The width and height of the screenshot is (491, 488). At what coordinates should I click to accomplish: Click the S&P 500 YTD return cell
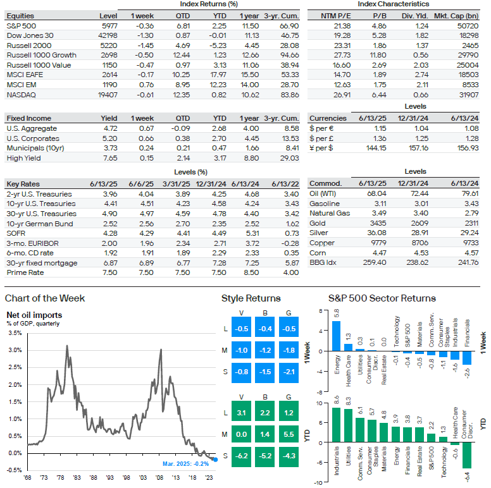(219, 26)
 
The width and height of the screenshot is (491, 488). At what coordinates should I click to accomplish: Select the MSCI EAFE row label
(25, 75)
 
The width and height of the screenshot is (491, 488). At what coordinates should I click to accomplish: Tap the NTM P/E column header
(336, 16)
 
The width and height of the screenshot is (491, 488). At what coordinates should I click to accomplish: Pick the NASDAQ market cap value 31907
(469, 95)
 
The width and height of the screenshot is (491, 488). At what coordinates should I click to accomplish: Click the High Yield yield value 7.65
(110, 158)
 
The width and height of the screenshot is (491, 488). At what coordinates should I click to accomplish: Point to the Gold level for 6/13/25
(378, 223)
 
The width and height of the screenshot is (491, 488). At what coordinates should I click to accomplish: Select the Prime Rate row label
(25, 272)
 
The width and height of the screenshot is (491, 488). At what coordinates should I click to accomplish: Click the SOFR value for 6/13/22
(292, 233)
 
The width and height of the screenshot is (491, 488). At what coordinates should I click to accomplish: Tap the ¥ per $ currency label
(321, 148)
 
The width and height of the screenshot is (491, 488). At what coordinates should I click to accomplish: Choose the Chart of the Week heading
(45, 298)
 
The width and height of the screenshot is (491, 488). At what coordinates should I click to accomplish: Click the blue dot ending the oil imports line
(215, 460)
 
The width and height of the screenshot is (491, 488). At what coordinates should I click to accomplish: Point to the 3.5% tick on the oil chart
(15, 333)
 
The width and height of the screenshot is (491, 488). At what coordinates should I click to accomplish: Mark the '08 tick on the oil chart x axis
(159, 478)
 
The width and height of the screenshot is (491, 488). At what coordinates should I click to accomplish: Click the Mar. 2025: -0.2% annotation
(185, 463)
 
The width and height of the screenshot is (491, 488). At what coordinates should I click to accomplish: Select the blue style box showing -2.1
(289, 372)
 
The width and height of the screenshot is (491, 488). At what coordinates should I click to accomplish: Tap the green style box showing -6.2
(241, 456)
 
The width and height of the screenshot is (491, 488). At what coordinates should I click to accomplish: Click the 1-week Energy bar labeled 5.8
(336, 336)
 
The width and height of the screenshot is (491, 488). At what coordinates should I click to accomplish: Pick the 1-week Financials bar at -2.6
(467, 358)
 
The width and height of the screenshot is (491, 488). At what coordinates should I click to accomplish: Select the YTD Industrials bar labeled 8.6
(336, 425)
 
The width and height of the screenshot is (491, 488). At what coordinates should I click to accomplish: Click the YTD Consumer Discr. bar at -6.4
(467, 456)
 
